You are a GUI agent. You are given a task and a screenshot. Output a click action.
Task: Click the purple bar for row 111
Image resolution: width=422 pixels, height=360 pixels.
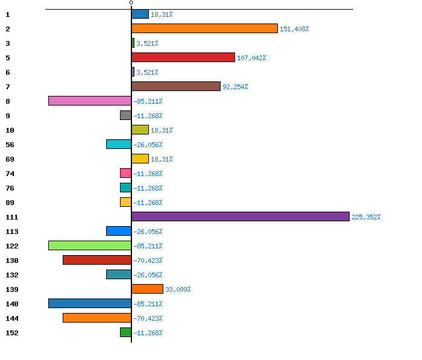(x=240, y=216)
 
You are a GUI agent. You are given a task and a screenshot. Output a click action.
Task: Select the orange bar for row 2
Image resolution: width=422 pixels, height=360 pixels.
(x=204, y=28)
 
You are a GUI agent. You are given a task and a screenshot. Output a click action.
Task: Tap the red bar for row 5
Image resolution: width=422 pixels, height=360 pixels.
(x=183, y=57)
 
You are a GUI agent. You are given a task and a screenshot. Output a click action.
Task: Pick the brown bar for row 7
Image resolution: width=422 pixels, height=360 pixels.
(x=175, y=86)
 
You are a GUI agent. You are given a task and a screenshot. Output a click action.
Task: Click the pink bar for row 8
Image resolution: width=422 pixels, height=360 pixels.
(x=90, y=101)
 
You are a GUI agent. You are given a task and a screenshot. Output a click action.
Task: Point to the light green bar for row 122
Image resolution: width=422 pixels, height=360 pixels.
(x=90, y=245)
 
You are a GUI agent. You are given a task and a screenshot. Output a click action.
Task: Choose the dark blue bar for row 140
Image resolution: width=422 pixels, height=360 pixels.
(x=90, y=303)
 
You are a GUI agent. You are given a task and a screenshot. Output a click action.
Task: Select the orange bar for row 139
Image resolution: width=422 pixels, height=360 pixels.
(x=147, y=289)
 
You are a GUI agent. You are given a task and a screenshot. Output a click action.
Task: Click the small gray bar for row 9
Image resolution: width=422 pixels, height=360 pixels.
(x=125, y=115)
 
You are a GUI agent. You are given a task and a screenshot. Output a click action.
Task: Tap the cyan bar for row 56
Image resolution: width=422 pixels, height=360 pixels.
(x=119, y=144)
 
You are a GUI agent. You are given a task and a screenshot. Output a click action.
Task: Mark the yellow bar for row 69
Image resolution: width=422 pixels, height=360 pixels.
(x=140, y=159)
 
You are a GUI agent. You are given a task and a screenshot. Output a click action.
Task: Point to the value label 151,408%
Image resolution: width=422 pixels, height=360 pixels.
(x=294, y=29)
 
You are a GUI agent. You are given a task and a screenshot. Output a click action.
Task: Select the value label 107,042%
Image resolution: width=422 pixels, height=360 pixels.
(x=251, y=58)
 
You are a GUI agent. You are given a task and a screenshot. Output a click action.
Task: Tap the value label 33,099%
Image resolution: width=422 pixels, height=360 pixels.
(x=178, y=289)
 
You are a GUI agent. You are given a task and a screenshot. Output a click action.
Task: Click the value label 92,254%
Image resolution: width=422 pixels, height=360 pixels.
(x=235, y=87)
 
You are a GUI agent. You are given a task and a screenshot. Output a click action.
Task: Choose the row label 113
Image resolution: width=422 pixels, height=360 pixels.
(x=12, y=232)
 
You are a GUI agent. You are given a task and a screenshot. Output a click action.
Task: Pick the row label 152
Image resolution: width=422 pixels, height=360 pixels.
(x=12, y=333)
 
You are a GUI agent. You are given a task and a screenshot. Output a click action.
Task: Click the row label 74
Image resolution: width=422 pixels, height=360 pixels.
(x=10, y=174)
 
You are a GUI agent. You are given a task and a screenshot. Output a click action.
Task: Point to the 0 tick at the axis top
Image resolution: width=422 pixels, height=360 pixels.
(x=131, y=3)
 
